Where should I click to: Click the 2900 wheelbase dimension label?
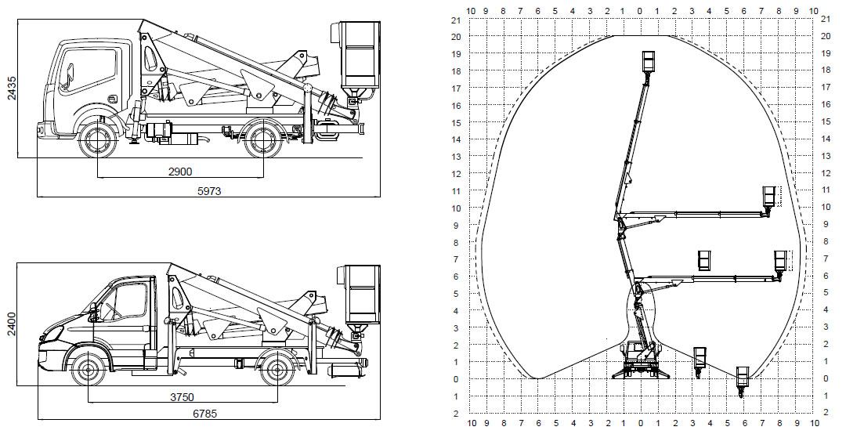(180, 172)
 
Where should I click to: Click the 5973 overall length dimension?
(209, 191)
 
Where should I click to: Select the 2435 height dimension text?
(11, 89)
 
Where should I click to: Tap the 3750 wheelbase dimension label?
(182, 397)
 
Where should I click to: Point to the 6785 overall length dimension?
(205, 414)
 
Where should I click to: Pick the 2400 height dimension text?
(11, 324)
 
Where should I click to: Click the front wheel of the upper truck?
(98, 140)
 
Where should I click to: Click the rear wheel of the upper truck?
(263, 140)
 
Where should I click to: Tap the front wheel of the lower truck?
(88, 369)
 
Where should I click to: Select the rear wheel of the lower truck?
(277, 369)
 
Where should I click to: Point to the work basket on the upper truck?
(360, 56)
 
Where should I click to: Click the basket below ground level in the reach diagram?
(743, 377)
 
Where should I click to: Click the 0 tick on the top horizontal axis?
(640, 10)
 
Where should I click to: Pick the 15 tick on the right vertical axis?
(825, 122)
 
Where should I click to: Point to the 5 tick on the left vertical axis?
(456, 294)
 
